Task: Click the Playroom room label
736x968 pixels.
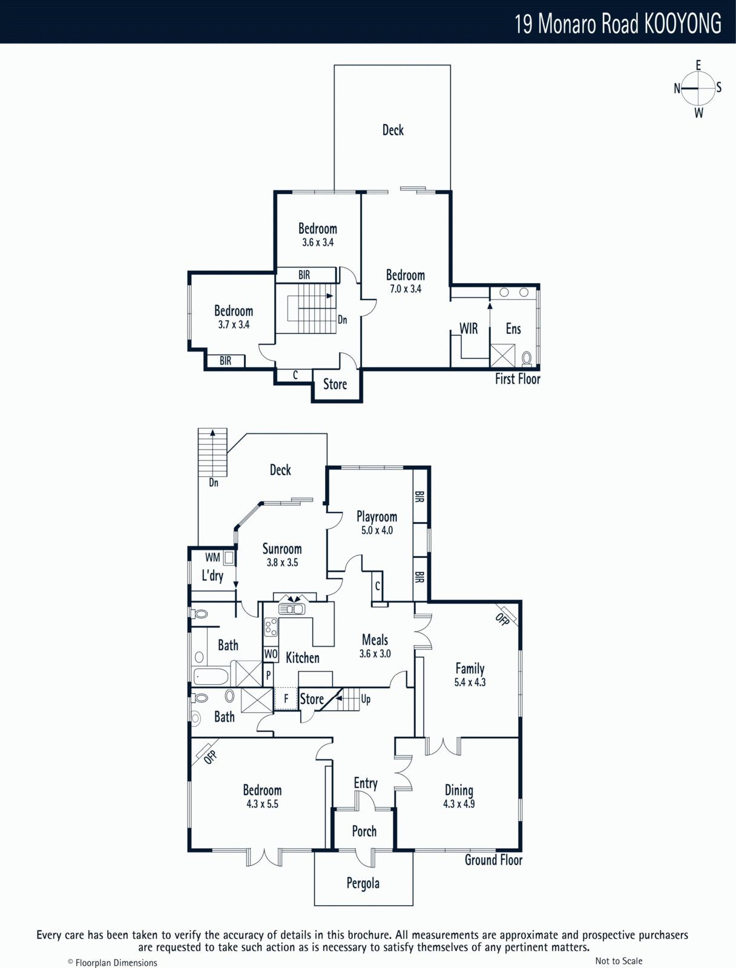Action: pos(376,517)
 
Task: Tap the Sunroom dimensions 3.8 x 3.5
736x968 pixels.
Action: pos(282,562)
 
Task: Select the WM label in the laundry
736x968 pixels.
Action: pos(212,557)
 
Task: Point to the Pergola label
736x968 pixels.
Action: pos(363,883)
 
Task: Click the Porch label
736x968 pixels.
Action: pos(364,831)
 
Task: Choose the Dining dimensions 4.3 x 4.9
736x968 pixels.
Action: pos(459,803)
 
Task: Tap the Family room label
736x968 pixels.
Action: pos(470,669)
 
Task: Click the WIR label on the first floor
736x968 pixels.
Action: pos(468,329)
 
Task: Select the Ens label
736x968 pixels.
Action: pos(513,329)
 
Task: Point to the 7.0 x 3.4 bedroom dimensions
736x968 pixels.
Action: pos(406,289)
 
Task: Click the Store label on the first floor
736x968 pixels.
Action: pos(335,384)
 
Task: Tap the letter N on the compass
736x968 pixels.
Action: pos(677,89)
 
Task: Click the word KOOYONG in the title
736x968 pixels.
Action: pos(683,24)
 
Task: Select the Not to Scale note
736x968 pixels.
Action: pos(619,961)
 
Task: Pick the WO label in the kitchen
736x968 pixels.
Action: pos(271,654)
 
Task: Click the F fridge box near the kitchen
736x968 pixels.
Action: pos(286,699)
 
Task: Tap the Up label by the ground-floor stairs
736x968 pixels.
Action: pos(366,699)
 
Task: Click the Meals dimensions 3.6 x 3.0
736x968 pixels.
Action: pos(375,653)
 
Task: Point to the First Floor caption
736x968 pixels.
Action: pos(517,379)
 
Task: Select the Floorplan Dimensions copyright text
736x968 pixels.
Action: pos(113,963)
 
